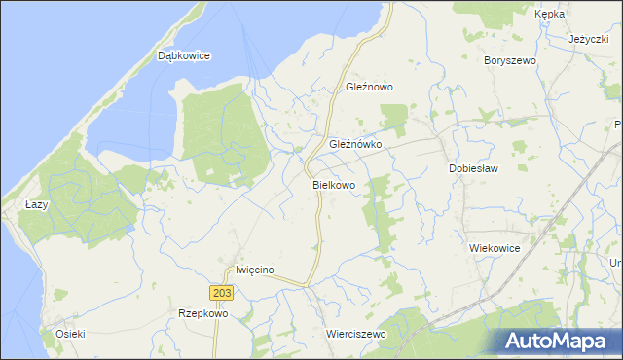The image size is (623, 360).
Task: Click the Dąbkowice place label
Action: coord(184,56)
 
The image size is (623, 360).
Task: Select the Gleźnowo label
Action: coord(370,87)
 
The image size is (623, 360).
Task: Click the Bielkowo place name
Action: coord(334,184)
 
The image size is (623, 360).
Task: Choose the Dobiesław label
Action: coord(473,168)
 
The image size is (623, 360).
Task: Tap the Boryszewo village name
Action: coord(510,60)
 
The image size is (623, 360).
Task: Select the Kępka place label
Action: coord(550,15)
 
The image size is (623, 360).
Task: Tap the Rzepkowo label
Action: coord(202,314)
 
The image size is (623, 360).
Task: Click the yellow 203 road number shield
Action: coord(220,293)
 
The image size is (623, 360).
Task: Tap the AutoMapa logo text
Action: coord(568,342)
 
